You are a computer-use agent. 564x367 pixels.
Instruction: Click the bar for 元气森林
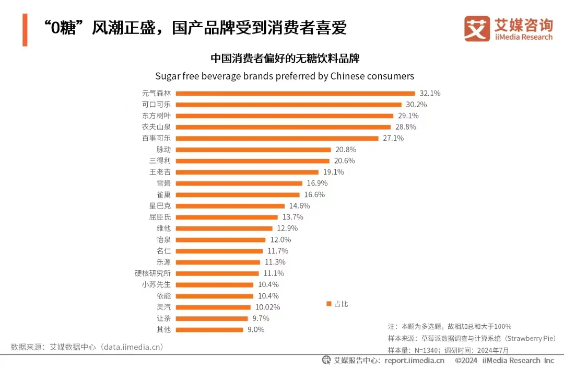click(295, 94)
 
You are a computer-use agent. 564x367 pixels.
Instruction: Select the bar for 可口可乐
click(288, 105)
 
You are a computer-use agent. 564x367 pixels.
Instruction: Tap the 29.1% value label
click(408, 116)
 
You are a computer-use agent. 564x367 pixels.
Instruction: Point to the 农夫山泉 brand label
click(156, 127)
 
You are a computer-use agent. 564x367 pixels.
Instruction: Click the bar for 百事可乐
click(277, 139)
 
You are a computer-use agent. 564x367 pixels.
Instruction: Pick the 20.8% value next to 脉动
click(346, 150)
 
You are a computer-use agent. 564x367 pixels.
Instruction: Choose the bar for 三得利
click(252, 161)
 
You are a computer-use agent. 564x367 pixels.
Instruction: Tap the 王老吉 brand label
click(160, 172)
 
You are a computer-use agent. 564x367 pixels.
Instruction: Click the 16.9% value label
click(317, 183)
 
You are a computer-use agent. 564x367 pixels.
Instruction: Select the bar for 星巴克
click(230, 206)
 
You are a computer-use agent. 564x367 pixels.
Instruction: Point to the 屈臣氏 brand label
click(160, 217)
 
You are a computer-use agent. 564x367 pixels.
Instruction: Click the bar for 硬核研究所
click(217, 273)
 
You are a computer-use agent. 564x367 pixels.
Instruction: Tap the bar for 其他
click(209, 329)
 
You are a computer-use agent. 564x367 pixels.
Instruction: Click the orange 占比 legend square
click(329, 304)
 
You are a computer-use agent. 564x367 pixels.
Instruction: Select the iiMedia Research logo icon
click(477, 29)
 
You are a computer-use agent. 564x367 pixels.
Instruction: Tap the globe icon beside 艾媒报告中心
click(326, 360)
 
